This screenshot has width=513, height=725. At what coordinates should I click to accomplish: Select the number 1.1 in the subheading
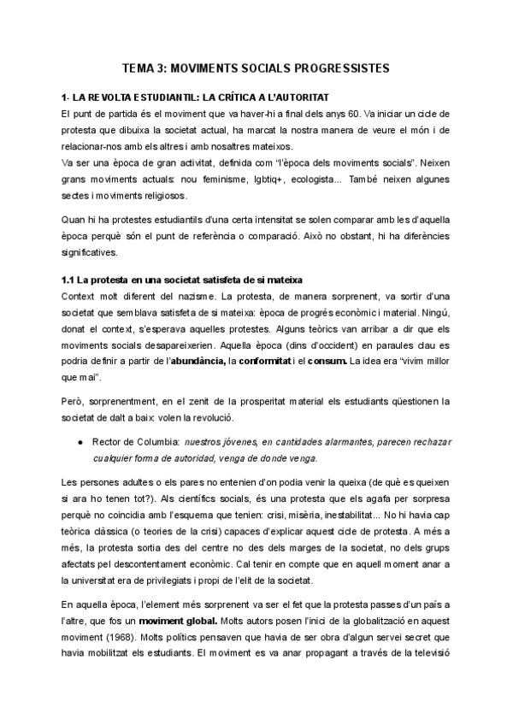click(69, 280)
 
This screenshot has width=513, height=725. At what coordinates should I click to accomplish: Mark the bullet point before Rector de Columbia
click(79, 441)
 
